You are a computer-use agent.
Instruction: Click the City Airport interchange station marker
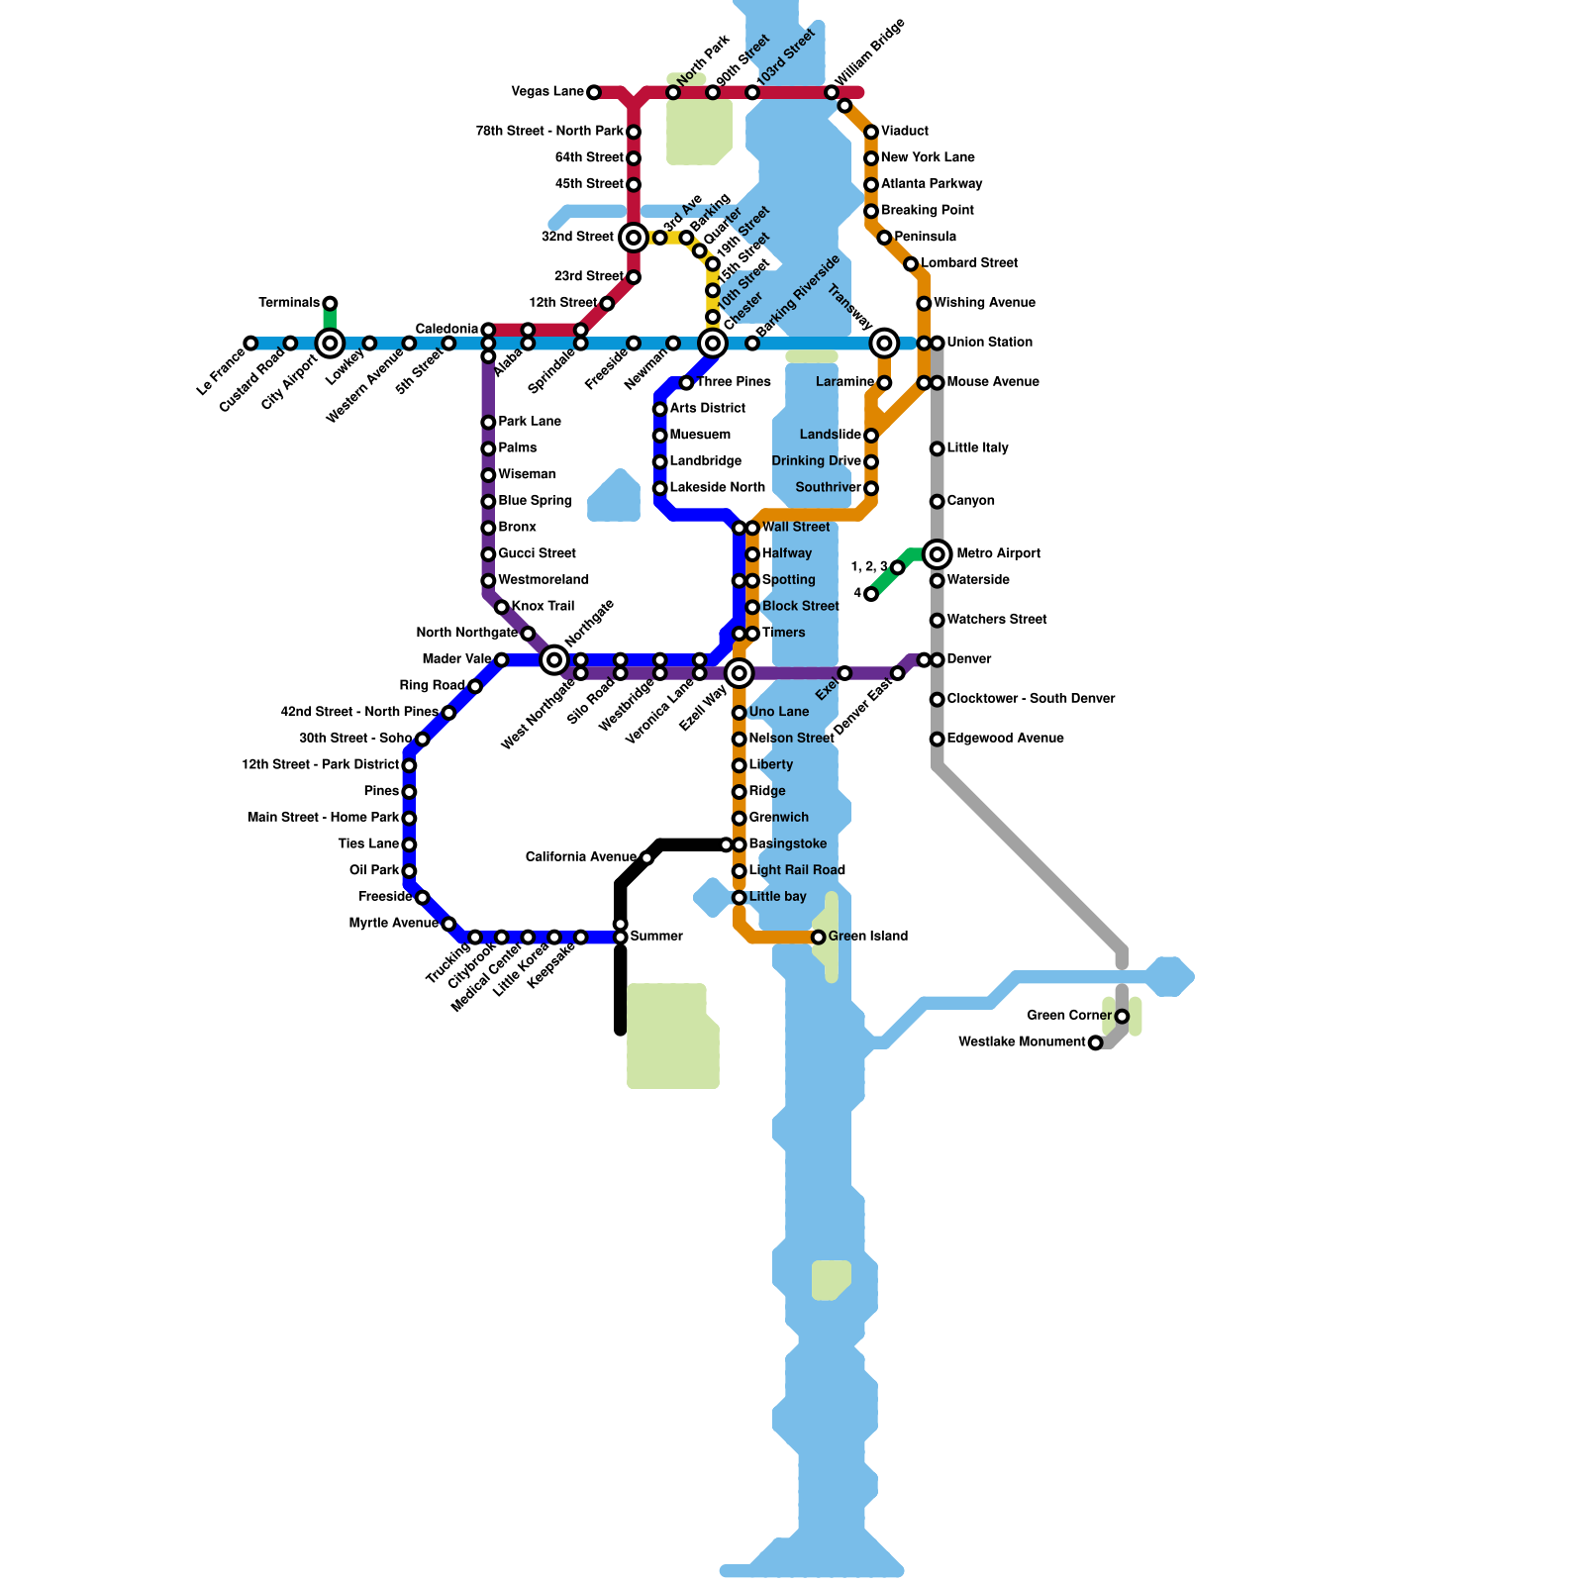[x=330, y=344]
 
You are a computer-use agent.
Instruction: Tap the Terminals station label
[x=288, y=303]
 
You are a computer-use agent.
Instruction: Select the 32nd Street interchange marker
[x=634, y=238]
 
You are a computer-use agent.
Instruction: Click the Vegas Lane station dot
[x=594, y=93]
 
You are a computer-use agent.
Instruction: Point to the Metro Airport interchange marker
[x=937, y=554]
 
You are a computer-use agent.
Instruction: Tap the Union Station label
[x=989, y=343]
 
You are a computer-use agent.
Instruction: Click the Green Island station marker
[x=819, y=938]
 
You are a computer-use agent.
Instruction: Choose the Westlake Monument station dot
[x=1095, y=1042]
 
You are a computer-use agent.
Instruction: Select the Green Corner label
[x=1069, y=1016]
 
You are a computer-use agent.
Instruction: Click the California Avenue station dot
[x=646, y=858]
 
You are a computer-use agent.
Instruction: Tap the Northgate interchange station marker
[x=554, y=660]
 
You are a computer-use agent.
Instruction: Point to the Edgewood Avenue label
[x=1005, y=739]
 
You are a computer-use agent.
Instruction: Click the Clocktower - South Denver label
[x=1031, y=699]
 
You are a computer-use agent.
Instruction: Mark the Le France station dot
[x=251, y=344]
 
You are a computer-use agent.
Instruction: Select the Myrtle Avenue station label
[x=393, y=924]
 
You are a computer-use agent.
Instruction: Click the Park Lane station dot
[x=488, y=423]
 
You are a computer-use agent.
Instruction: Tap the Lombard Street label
[x=969, y=263]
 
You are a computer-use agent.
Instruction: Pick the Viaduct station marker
[x=871, y=133]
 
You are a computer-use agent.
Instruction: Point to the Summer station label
[x=656, y=937]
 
